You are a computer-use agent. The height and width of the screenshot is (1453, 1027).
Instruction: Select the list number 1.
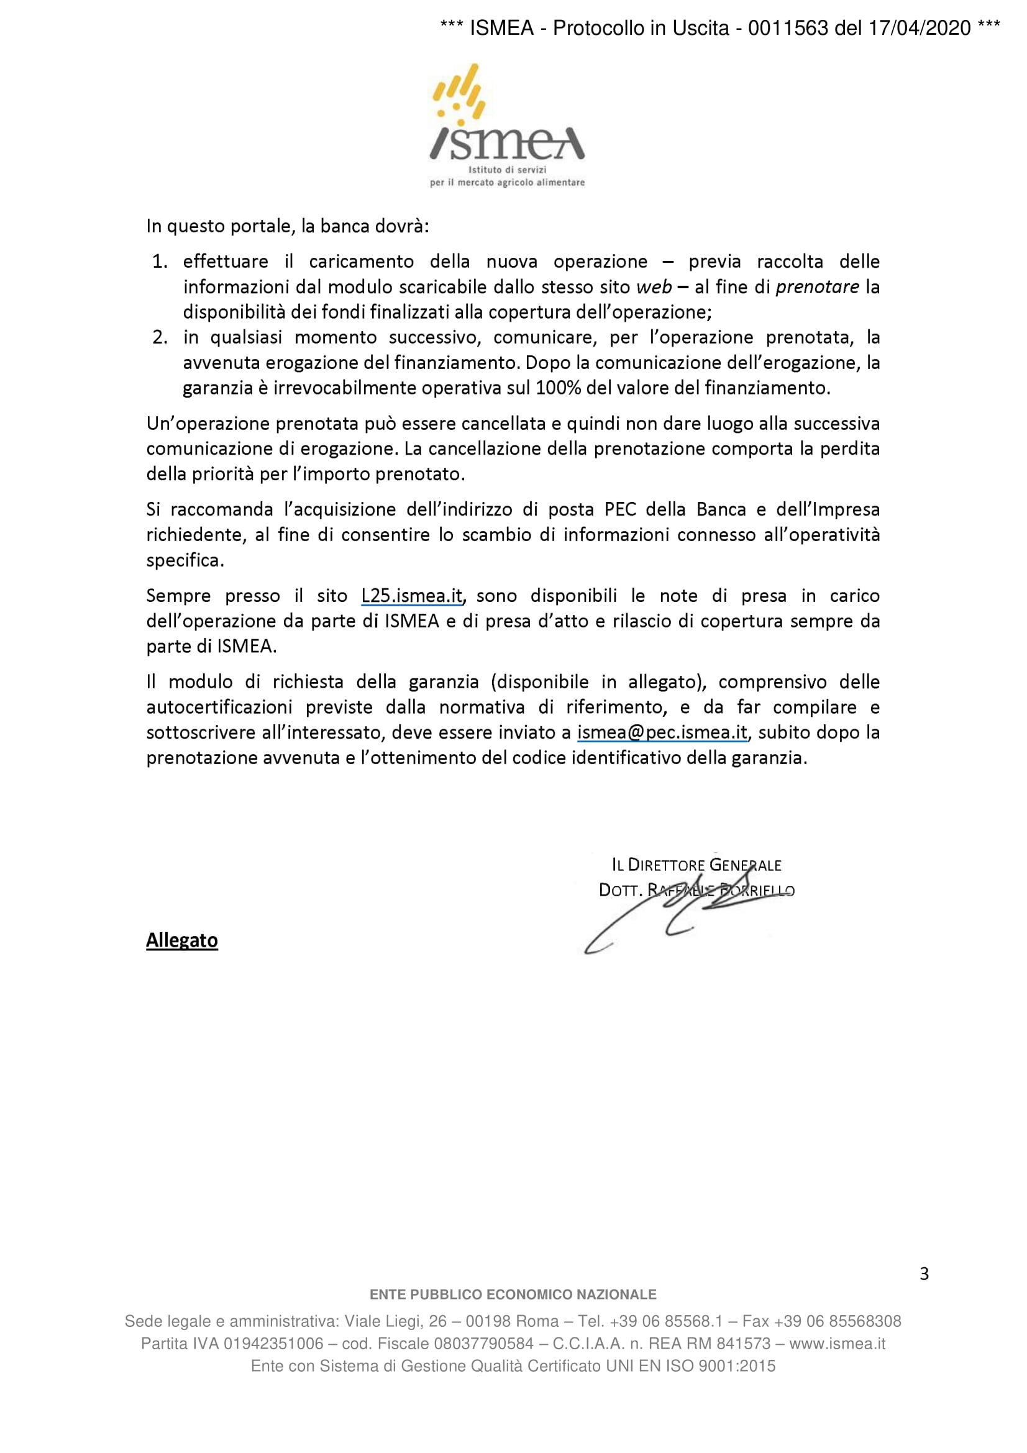[160, 262]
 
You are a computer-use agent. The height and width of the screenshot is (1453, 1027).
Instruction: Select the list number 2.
[160, 337]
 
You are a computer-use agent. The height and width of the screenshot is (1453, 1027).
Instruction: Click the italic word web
[654, 288]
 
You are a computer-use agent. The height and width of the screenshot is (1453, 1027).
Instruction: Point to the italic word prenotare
[817, 288]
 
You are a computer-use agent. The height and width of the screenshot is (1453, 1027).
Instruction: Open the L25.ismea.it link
[412, 596]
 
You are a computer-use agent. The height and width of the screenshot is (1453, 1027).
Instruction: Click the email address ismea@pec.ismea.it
[662, 733]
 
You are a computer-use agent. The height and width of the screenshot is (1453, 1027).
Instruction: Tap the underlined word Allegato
[182, 941]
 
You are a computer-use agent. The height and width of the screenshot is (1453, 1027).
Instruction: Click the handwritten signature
[683, 911]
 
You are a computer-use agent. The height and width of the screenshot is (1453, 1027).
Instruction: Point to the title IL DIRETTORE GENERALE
[696, 865]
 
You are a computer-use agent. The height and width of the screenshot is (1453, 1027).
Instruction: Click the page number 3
[924, 1274]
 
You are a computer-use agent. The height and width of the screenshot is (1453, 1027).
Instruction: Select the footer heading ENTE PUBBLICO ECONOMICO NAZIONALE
[513, 1295]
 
